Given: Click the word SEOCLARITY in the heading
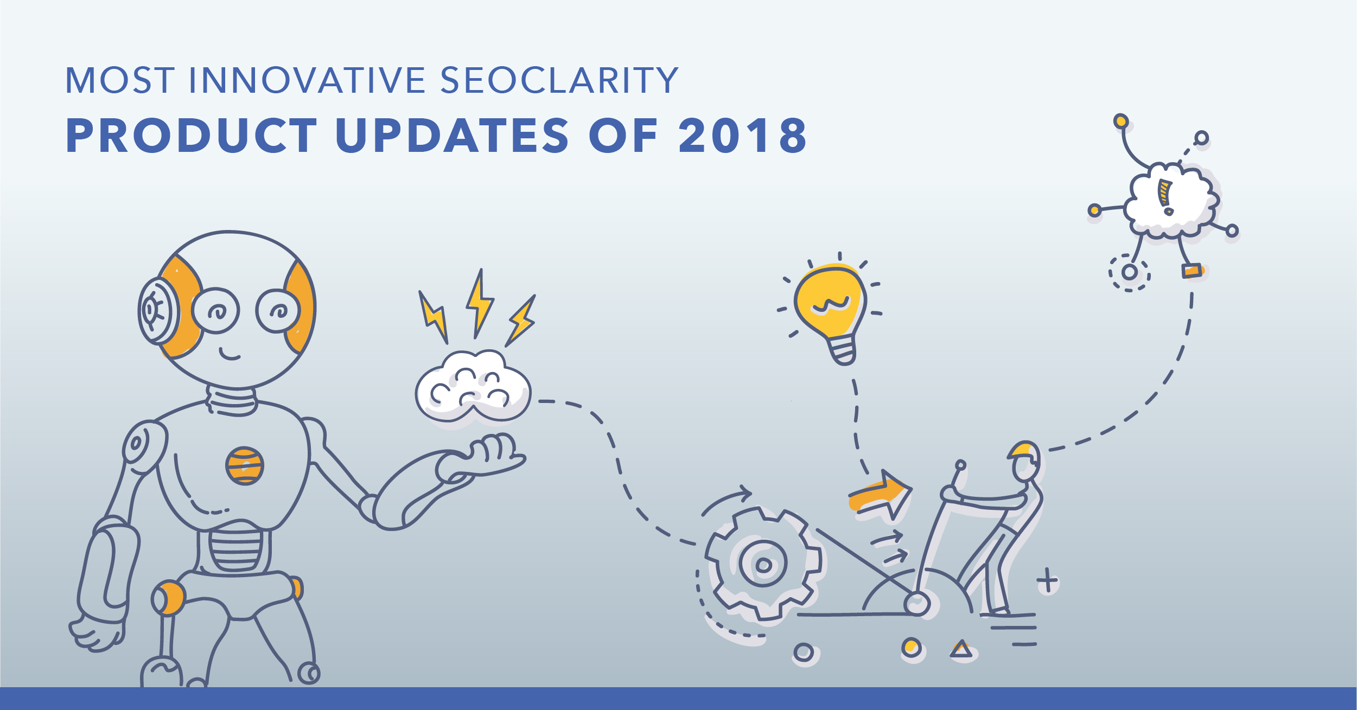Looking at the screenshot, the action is click(559, 80).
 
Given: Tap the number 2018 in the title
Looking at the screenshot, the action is click(743, 135).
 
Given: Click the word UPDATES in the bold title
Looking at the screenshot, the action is click(453, 135).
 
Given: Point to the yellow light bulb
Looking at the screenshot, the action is click(830, 312).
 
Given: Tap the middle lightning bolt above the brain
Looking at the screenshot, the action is click(479, 304).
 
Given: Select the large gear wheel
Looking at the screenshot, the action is click(763, 564).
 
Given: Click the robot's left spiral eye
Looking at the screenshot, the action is click(216, 310).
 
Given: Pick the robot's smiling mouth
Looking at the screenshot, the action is click(230, 354).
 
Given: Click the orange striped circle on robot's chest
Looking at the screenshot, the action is click(245, 466).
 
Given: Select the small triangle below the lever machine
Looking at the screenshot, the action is click(961, 649).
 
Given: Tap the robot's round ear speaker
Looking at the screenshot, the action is click(157, 311).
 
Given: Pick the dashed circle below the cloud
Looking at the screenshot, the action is click(1130, 272).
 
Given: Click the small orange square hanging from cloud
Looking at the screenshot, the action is click(1192, 270).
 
